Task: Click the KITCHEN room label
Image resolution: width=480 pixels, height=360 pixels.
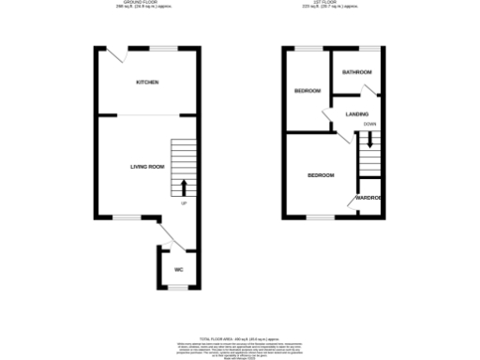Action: point(147,82)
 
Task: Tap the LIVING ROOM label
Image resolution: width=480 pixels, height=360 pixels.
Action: point(147,167)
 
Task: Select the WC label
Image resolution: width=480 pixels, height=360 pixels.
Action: point(177,270)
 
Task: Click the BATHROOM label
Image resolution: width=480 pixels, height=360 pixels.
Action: point(357,72)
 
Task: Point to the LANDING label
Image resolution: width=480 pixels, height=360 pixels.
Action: point(357,114)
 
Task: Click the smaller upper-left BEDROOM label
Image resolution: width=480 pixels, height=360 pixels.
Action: point(307,91)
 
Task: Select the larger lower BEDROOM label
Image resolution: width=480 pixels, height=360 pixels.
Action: point(322,175)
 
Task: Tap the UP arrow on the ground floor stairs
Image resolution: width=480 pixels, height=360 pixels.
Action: point(184,186)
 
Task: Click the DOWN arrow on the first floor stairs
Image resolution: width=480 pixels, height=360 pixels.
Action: point(370,141)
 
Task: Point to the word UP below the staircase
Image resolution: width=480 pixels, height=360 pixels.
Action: point(184,202)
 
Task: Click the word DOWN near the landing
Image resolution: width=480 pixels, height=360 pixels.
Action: point(370,124)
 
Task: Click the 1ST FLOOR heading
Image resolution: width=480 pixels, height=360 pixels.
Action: point(333,4)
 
